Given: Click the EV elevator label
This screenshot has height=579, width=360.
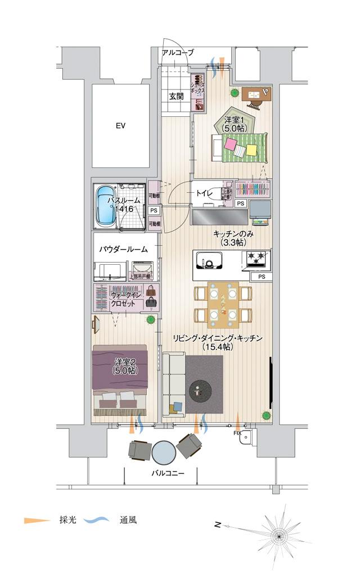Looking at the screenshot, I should (120, 126).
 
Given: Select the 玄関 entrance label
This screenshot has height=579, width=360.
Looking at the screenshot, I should (176, 96).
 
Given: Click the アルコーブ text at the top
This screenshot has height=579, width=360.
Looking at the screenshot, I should (177, 53).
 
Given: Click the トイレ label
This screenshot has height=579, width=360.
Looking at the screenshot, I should (204, 193).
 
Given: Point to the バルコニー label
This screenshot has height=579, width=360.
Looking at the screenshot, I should (168, 474).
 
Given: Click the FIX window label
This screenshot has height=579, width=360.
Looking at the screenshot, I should (237, 433).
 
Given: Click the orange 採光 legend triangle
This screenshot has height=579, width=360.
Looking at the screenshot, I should (33, 521).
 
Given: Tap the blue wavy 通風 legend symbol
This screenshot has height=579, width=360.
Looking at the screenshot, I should (97, 521).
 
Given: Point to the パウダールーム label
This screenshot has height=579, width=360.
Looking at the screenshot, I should (124, 249).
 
